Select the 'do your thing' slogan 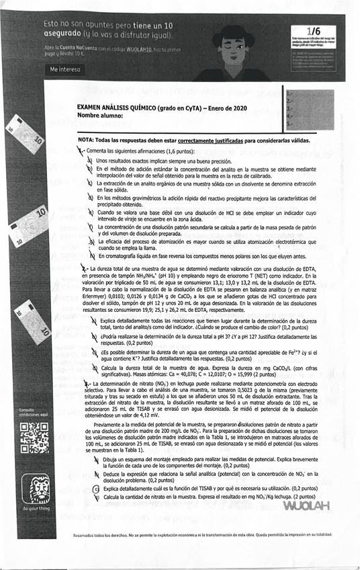point(34,509)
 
